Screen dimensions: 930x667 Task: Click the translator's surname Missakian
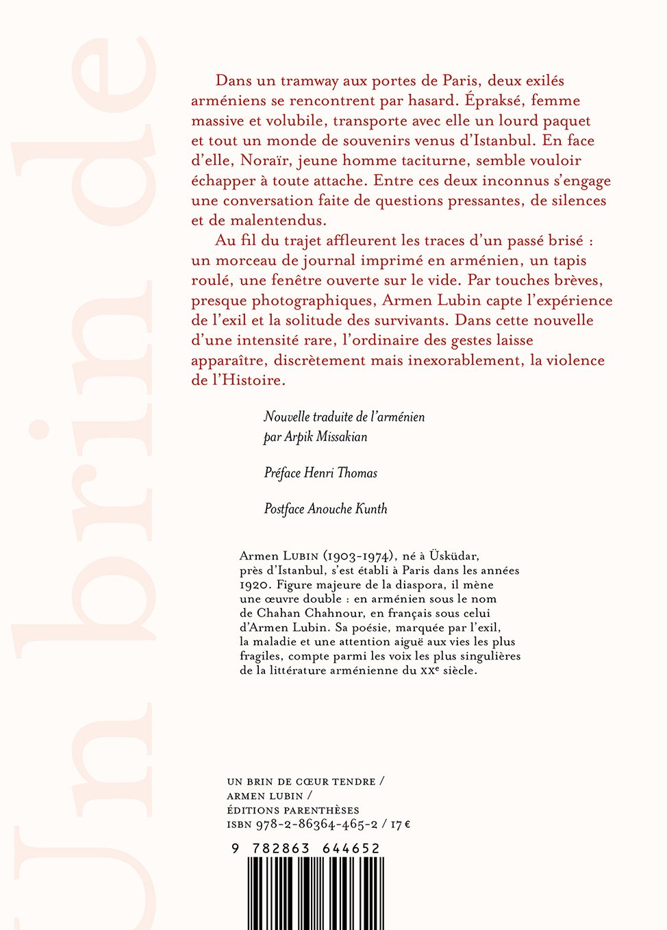tap(342, 437)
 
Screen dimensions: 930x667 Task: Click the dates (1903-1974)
tap(360, 557)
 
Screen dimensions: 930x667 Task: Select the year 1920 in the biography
tap(252, 586)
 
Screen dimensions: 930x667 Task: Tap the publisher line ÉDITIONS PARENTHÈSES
tap(293, 810)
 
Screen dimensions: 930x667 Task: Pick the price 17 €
tap(401, 825)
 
